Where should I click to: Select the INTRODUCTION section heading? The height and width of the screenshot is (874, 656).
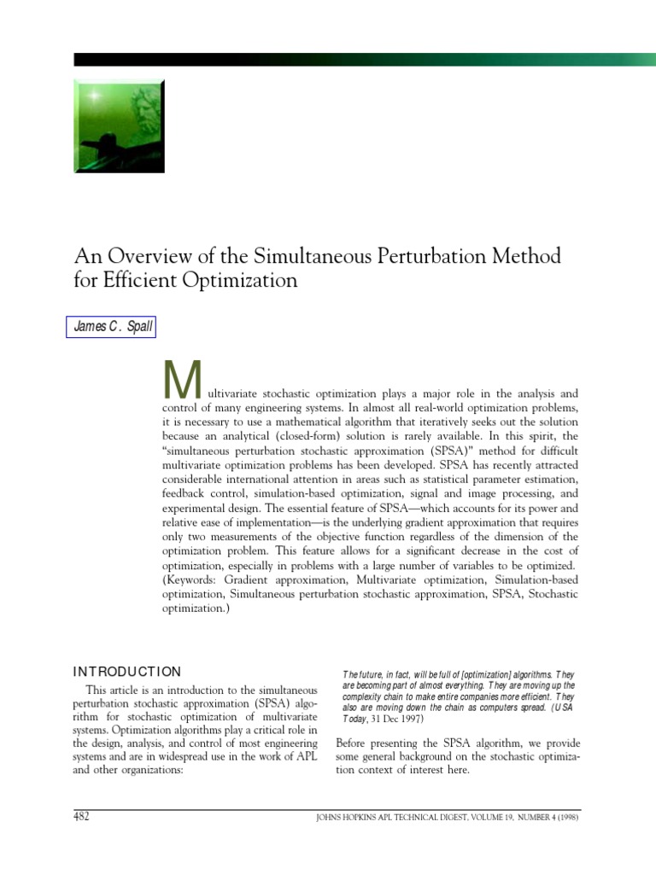127,672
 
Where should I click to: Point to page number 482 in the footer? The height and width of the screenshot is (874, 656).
83,817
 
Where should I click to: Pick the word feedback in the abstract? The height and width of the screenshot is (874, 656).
184,493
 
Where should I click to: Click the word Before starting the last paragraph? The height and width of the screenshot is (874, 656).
354,741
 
